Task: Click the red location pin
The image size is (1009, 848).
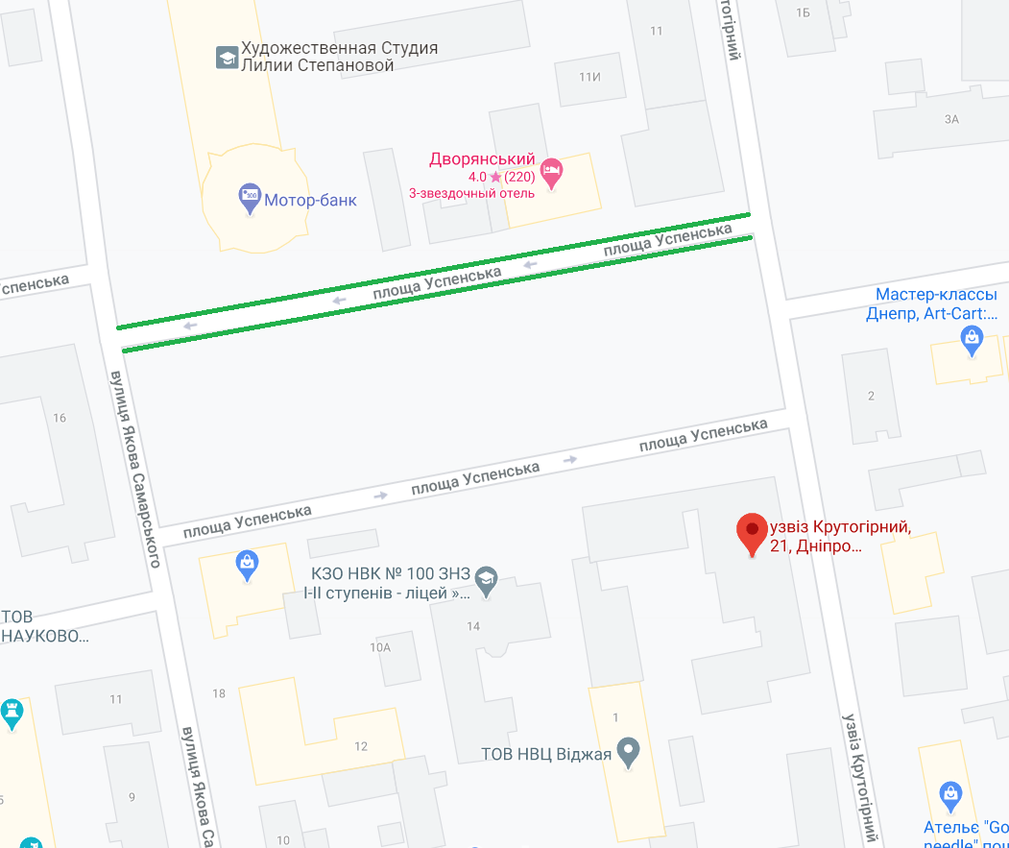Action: coord(752,531)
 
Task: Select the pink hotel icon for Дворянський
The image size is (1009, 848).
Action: coord(551,174)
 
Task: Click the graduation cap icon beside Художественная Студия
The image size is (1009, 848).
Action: coord(227,57)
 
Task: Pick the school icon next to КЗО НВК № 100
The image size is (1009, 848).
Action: coord(487,579)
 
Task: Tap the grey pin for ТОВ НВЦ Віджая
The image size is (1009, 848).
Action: coord(628,750)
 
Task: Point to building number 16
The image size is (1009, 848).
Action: coord(60,418)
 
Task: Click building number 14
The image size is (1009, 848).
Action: coord(472,627)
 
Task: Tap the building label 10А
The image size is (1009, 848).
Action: coord(380,647)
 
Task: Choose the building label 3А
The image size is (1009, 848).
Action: coord(951,119)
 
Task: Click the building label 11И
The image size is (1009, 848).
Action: coord(589,77)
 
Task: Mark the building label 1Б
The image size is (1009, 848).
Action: coord(804,12)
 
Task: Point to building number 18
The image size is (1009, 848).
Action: coord(219,693)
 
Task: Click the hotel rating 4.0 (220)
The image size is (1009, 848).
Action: coord(501,177)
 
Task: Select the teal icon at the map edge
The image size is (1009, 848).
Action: coord(11,714)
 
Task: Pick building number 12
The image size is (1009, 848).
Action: coord(361,746)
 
